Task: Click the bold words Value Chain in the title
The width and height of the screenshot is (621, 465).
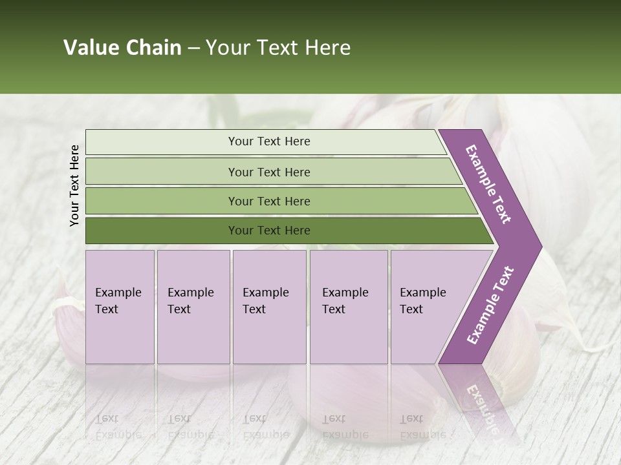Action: click(122, 48)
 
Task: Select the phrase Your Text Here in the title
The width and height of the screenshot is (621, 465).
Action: click(278, 48)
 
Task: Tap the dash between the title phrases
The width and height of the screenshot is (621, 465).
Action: click(193, 48)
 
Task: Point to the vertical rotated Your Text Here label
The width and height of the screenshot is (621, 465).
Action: click(74, 185)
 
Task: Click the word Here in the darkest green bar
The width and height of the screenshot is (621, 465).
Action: click(297, 231)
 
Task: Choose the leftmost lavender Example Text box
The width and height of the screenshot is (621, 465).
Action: click(120, 307)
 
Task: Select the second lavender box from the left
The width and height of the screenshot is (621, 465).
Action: click(193, 307)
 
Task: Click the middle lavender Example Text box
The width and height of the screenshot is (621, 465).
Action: click(269, 307)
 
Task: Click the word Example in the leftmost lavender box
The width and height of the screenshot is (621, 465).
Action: click(118, 293)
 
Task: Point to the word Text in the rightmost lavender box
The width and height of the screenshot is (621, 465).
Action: click(411, 309)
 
